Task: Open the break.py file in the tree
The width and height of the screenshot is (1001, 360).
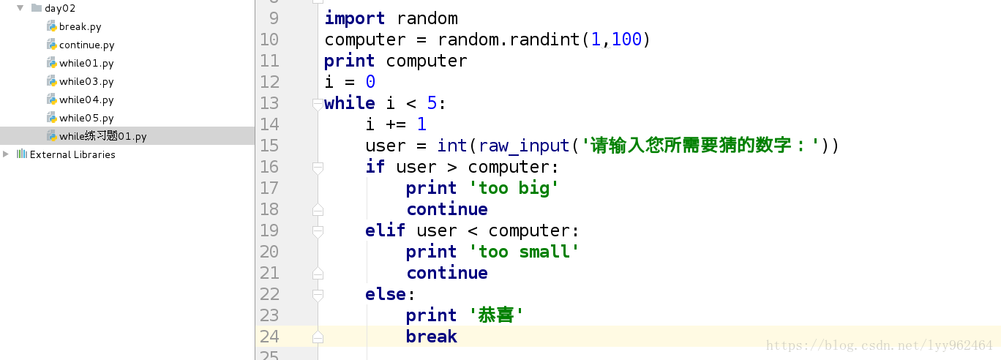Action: (80, 27)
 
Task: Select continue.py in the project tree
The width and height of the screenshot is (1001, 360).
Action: (86, 45)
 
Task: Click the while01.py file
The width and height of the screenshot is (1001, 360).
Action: (86, 64)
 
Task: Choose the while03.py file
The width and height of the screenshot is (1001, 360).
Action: (86, 82)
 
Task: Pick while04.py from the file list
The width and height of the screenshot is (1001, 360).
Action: (86, 100)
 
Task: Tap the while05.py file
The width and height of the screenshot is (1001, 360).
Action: (86, 119)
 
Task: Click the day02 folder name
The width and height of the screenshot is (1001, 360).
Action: (59, 9)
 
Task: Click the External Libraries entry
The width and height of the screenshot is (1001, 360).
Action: (72, 154)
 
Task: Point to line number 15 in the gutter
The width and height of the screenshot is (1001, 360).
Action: (269, 146)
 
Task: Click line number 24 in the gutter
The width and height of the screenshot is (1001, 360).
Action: (269, 337)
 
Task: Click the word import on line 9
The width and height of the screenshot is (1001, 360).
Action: (355, 18)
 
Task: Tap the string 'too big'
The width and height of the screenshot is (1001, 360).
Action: (519, 188)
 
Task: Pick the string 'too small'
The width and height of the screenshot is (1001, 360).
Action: (529, 252)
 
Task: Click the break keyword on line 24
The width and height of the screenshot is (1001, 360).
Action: (432, 337)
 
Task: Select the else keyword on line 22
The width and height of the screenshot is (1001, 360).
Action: (386, 294)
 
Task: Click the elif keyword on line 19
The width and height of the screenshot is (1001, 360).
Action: (386, 230)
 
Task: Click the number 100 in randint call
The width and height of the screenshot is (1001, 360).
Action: (626, 40)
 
